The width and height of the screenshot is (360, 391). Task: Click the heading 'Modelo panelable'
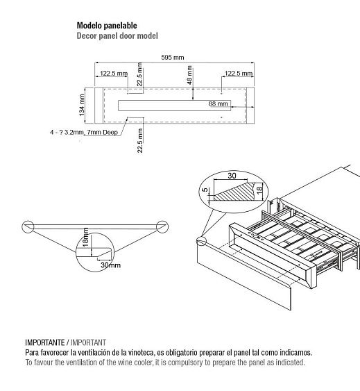coord(107,26)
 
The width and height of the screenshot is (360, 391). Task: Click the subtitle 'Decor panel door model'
coord(117,35)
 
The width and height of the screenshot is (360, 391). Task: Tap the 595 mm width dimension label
coord(173,58)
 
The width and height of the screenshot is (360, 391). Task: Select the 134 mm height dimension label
coord(82,105)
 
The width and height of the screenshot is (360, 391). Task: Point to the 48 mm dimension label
coord(189,75)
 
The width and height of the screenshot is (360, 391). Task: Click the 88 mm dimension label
coord(218,103)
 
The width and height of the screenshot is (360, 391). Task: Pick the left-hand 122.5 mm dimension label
coord(114,74)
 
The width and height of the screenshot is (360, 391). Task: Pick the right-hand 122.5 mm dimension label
coord(239,74)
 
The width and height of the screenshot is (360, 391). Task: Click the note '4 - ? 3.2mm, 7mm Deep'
coord(84,132)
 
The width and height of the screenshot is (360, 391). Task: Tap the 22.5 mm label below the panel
coord(139,140)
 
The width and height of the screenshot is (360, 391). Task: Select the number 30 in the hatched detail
coord(232,176)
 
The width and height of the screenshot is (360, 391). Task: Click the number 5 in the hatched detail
coord(205,190)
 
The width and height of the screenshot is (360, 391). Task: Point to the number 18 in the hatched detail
coord(259,190)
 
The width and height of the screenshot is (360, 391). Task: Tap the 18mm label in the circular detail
coord(85,237)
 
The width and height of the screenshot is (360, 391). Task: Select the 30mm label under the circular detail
coord(110,265)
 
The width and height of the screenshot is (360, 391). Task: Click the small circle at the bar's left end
coord(28,226)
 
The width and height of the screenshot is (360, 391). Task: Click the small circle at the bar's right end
coord(162,226)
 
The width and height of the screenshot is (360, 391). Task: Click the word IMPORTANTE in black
coord(45,342)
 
